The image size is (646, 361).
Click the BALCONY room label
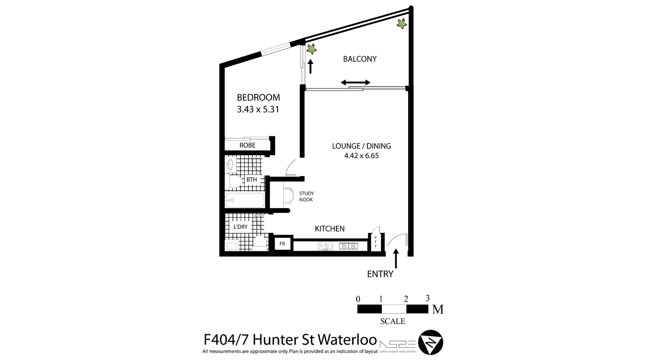tap(360, 59)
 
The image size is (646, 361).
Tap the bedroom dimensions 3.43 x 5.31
tap(258, 110)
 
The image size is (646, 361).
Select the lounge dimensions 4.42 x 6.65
tap(361, 156)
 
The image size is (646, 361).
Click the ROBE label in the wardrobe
tap(247, 145)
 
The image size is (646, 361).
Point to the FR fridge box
tap(282, 244)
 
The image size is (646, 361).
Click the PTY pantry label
tap(376, 242)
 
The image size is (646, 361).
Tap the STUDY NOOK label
tap(306, 196)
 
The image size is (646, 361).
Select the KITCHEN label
tap(330, 229)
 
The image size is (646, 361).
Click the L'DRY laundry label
tap(241, 227)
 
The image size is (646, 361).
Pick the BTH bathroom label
tap(251, 180)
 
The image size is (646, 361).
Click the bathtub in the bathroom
tap(245, 200)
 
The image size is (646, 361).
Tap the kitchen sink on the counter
tap(325, 246)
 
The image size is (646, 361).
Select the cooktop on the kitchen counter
tap(349, 246)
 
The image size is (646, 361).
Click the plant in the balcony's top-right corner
tap(401, 23)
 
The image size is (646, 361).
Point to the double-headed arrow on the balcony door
tap(356, 83)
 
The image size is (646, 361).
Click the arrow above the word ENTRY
tap(396, 259)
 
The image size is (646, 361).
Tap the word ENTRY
tap(380, 274)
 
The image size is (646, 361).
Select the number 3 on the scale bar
tap(428, 298)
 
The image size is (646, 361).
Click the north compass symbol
tap(431, 342)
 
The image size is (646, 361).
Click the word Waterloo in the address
tap(347, 340)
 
